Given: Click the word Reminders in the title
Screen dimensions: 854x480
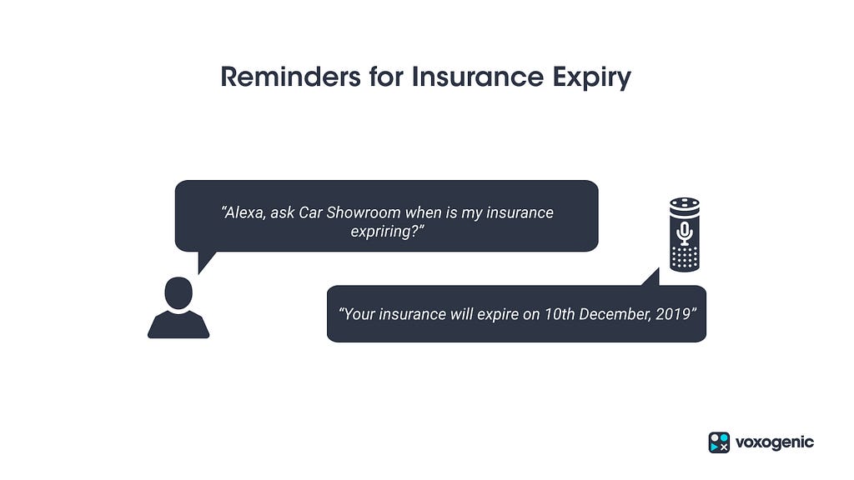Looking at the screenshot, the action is pyautogui.click(x=290, y=76).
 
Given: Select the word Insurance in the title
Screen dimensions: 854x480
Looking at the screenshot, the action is pyautogui.click(x=478, y=76).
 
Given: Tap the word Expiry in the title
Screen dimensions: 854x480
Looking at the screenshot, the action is pyautogui.click(x=592, y=77).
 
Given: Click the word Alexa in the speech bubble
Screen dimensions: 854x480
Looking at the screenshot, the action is pyautogui.click(x=244, y=212).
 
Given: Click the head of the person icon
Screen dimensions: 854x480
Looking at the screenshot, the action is pyautogui.click(x=178, y=292).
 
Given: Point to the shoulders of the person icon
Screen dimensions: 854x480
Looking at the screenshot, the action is pyautogui.click(x=178, y=325).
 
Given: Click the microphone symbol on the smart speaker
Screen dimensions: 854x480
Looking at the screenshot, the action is pyautogui.click(x=685, y=233).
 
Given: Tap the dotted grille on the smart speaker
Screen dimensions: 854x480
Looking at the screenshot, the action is pyautogui.click(x=685, y=258).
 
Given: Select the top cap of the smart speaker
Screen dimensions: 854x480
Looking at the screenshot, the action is pyautogui.click(x=685, y=203).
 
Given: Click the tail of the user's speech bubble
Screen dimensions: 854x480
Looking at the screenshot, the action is pyautogui.click(x=206, y=261).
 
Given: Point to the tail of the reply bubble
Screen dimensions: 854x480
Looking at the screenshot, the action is pyautogui.click(x=651, y=277).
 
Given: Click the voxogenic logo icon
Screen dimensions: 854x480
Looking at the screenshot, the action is pyautogui.click(x=719, y=442).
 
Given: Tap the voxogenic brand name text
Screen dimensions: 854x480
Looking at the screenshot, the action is pyautogui.click(x=775, y=442).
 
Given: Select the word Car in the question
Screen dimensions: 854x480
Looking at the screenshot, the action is pyautogui.click(x=310, y=212).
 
